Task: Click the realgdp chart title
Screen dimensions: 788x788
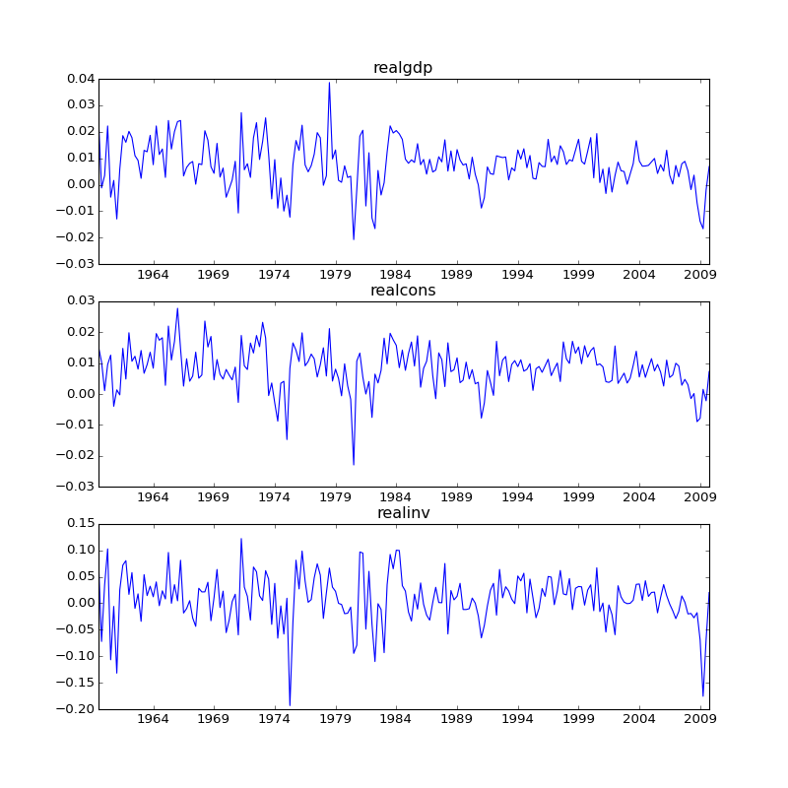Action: (x=402, y=68)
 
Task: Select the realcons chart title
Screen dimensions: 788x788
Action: (x=402, y=291)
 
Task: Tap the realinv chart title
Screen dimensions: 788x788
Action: (x=403, y=513)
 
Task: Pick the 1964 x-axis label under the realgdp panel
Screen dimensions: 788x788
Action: (x=153, y=275)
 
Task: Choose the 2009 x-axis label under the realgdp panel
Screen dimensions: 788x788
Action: (x=700, y=275)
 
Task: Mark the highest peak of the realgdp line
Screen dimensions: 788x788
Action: (x=329, y=83)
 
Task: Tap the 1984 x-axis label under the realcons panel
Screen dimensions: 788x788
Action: (x=396, y=497)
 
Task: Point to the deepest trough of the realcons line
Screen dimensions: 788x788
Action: (x=354, y=464)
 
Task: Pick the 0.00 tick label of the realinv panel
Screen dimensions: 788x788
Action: (x=79, y=603)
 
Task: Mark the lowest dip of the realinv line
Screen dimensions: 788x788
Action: (x=290, y=705)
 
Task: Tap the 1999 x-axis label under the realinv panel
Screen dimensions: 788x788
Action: (x=578, y=720)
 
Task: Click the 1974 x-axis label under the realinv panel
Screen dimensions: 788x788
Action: (x=275, y=720)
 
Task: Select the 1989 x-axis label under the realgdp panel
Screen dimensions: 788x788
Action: (x=457, y=275)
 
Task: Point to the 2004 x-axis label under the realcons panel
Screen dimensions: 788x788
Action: (x=639, y=497)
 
